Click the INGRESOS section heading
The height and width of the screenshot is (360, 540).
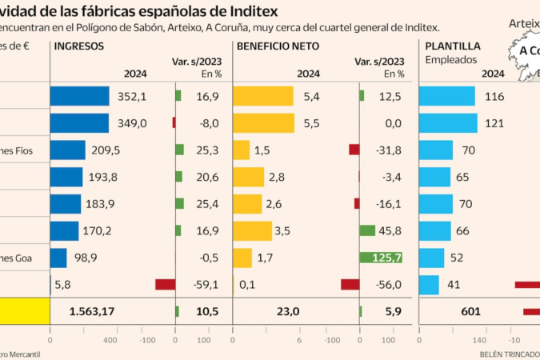78,46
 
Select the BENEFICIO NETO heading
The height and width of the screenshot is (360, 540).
278,46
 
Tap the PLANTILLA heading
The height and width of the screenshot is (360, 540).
453,46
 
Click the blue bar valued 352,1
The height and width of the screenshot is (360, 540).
79,96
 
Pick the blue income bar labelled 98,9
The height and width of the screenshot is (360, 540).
58,258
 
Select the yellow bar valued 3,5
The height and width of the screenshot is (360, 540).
253,230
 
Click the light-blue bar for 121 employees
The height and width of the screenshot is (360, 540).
448,123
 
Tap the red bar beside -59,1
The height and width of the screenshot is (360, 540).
166,285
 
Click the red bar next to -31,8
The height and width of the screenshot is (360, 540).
354,150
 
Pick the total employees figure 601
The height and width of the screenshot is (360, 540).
471,311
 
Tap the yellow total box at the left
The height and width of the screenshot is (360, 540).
25,311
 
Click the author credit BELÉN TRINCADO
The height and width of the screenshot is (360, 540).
509,354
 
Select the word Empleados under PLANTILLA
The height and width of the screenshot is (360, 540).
451,59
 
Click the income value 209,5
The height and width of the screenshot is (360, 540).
106,150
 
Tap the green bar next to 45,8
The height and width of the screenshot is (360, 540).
367,230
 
